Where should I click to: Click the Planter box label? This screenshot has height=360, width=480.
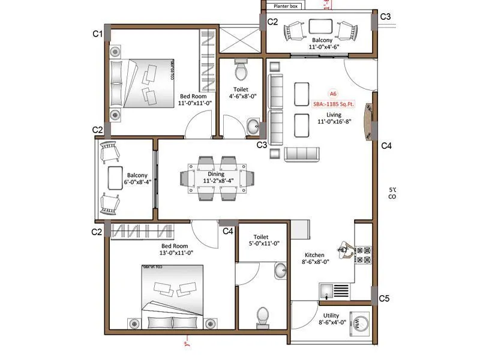286,6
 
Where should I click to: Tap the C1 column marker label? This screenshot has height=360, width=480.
97,34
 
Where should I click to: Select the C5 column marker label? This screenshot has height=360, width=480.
385,298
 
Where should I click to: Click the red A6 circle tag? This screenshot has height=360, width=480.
333,94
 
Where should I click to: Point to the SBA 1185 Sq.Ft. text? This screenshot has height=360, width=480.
334,104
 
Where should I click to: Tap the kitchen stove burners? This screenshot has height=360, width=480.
364,254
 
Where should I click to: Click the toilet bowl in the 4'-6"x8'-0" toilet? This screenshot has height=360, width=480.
241,71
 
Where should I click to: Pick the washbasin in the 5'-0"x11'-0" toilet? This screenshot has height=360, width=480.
280,271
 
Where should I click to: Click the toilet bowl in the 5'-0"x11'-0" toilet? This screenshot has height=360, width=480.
262,316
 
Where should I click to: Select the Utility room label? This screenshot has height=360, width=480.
331,314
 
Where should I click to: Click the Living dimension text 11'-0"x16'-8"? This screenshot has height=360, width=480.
334,122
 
